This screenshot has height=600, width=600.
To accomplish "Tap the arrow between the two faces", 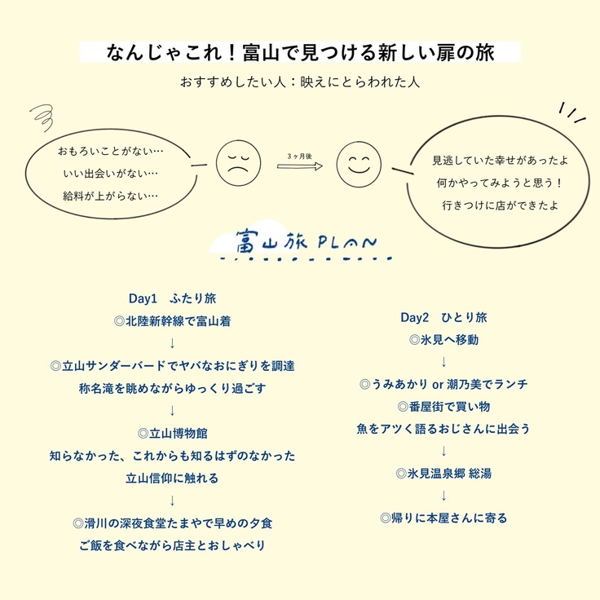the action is click(300, 166).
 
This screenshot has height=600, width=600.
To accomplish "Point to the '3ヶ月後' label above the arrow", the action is click(300, 157).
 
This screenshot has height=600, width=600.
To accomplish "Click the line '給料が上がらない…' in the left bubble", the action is click(111, 196).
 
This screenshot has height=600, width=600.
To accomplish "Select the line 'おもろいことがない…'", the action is click(111, 151).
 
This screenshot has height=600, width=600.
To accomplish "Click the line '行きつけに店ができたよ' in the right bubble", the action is click(500, 205).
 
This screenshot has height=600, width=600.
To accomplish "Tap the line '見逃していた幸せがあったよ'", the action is click(500, 161).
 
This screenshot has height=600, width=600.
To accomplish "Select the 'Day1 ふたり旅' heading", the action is click(172, 298).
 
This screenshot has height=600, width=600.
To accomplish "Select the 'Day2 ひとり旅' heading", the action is click(443, 317).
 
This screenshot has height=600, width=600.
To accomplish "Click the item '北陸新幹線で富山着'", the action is click(173, 321).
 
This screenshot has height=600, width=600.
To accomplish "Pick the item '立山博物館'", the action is click(173, 434).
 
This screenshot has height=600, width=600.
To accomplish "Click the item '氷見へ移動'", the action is click(443, 340).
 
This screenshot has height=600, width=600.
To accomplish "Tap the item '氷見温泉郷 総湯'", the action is click(443, 474).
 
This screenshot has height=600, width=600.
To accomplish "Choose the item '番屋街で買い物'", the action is click(443, 406).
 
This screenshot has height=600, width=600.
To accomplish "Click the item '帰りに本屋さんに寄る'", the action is click(443, 518).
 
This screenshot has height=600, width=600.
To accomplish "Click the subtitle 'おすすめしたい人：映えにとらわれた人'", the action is click(300, 82).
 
